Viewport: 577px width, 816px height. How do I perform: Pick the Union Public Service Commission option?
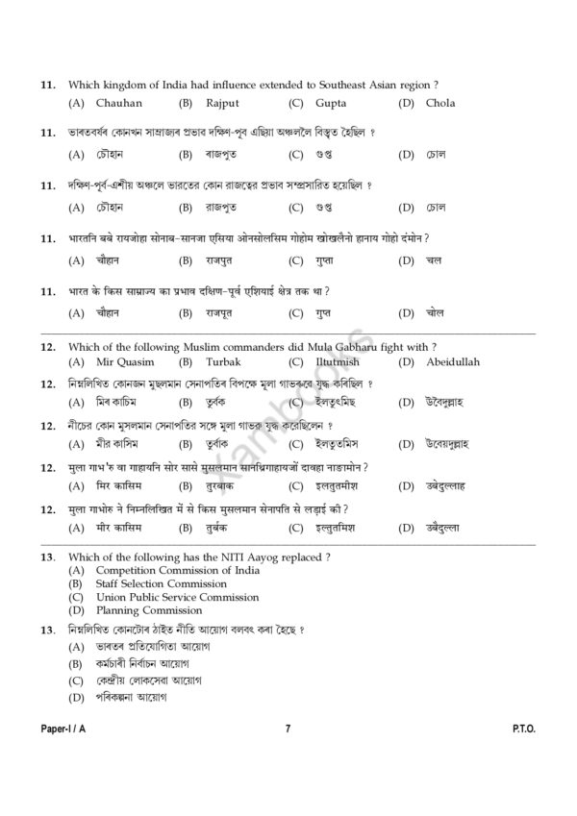[177, 597]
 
